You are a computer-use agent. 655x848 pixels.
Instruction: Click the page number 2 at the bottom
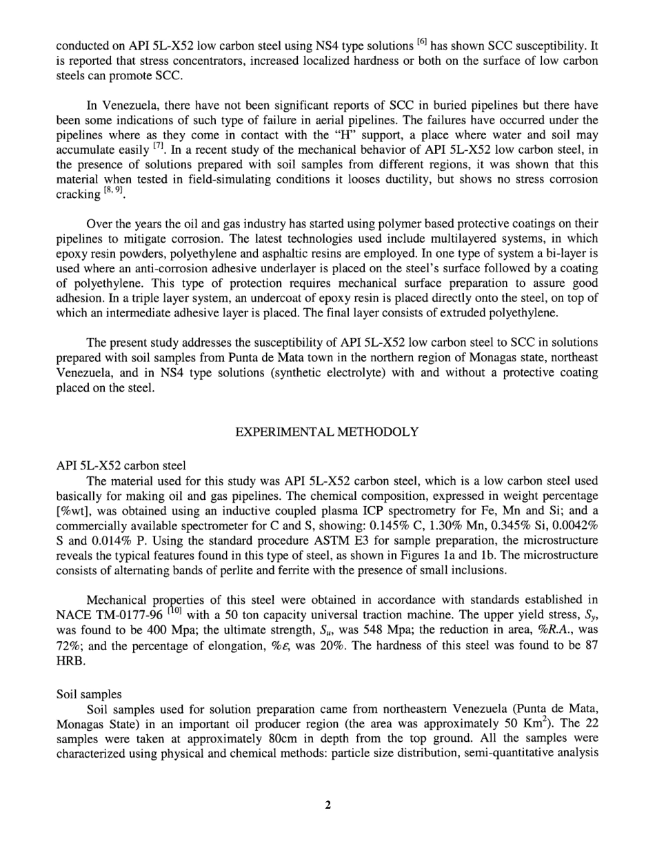327,805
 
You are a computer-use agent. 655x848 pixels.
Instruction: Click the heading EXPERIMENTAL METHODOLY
327,432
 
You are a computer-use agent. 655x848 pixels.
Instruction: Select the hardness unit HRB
69,660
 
